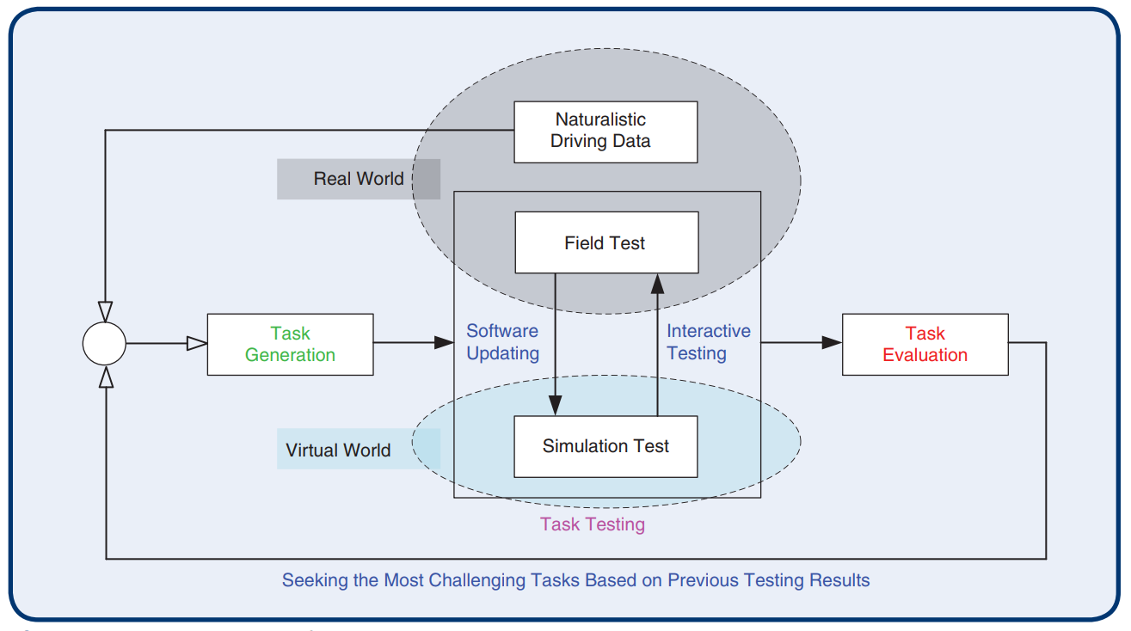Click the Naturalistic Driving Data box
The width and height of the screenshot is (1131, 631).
[x=605, y=132]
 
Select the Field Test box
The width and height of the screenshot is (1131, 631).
[x=605, y=242]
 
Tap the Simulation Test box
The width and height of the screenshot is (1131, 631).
[x=605, y=446]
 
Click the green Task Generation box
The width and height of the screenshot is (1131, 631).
[x=290, y=344]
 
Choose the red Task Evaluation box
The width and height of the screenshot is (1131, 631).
[x=925, y=344]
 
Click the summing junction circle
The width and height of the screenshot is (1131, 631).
[x=104, y=344]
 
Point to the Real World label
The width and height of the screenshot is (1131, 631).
[x=358, y=179]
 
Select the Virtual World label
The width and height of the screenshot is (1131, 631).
[x=339, y=450]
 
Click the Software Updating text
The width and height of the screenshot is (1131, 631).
[x=502, y=342]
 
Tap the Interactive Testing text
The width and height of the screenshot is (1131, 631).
[x=709, y=342]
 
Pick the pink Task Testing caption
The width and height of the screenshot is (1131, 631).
[x=593, y=524]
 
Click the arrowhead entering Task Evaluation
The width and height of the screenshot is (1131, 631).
[x=832, y=343]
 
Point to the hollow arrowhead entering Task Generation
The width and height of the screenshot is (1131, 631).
[x=197, y=344]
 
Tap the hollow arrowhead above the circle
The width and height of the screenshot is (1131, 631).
[x=105, y=311]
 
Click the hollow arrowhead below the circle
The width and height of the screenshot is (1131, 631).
[x=105, y=377]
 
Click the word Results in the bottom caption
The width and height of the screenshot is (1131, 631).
[x=839, y=580]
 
